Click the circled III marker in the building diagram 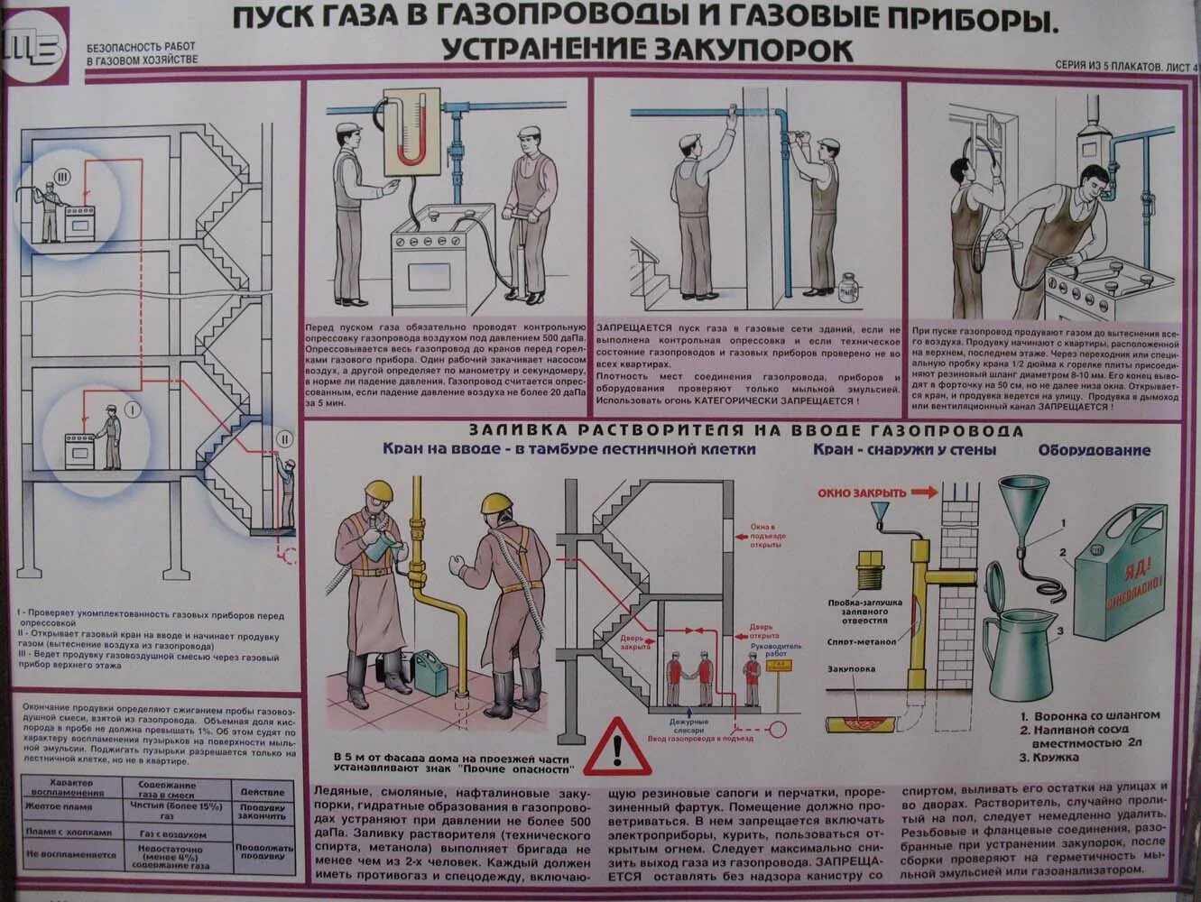tap(60, 177)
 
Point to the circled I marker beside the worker tap(133, 410)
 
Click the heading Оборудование tap(1093, 450)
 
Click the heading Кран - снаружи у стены tap(904, 449)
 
